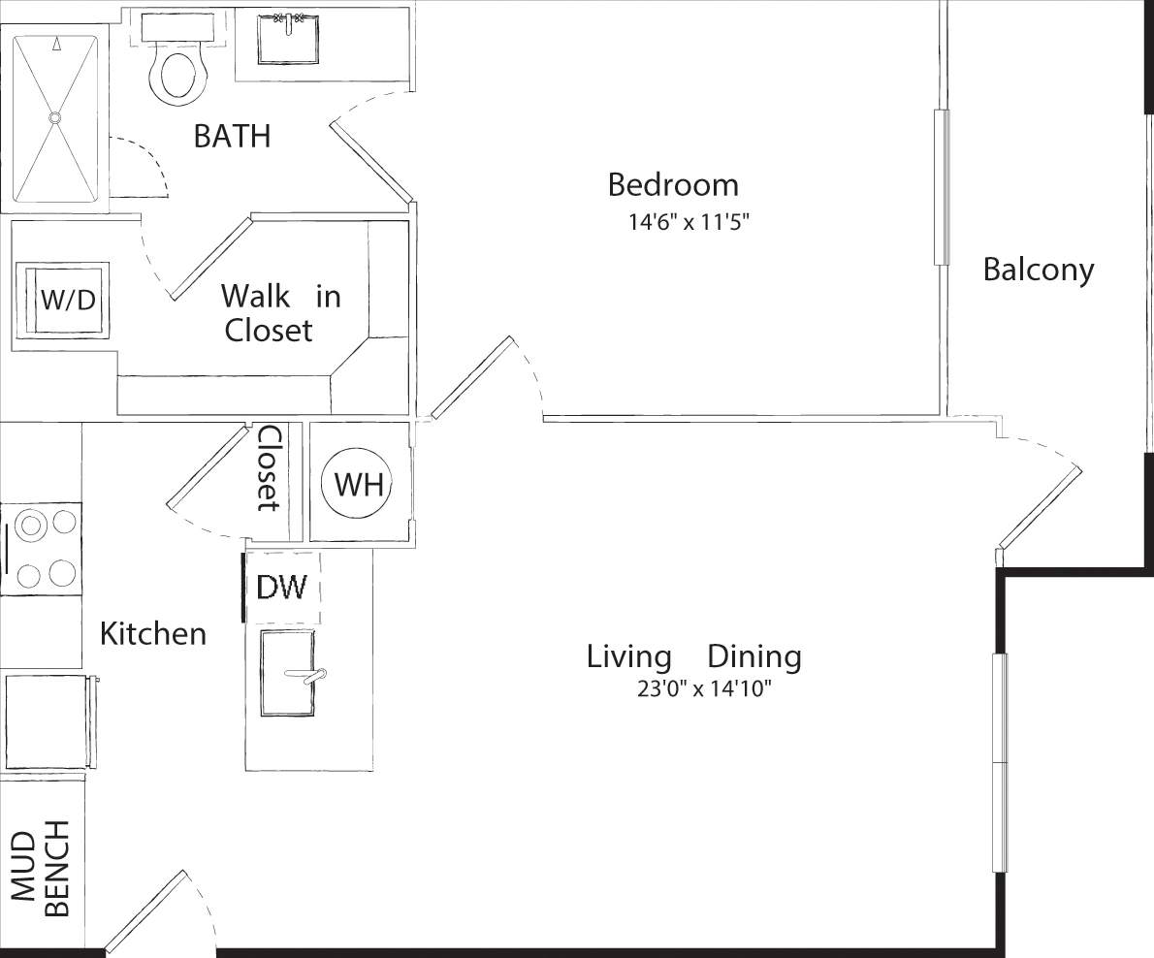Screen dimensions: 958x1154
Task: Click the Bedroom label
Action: pos(672,184)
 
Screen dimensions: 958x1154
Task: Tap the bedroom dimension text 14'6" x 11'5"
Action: pos(689,222)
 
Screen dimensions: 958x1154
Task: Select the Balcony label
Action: pos(1038,269)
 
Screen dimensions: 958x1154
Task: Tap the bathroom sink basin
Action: pos(289,39)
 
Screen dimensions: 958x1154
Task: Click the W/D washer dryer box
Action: pos(67,299)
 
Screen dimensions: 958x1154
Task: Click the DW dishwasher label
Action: pos(281,587)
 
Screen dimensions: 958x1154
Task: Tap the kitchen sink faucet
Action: pos(313,675)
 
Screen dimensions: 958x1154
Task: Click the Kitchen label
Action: pos(153,634)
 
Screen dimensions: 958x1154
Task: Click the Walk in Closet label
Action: pos(279,312)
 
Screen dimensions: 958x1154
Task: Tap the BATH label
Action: pos(232,136)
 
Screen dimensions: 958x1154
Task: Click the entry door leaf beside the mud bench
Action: pos(145,910)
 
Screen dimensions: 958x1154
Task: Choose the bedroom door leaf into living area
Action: pos(472,377)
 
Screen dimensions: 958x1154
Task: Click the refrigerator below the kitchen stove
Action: pos(47,720)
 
